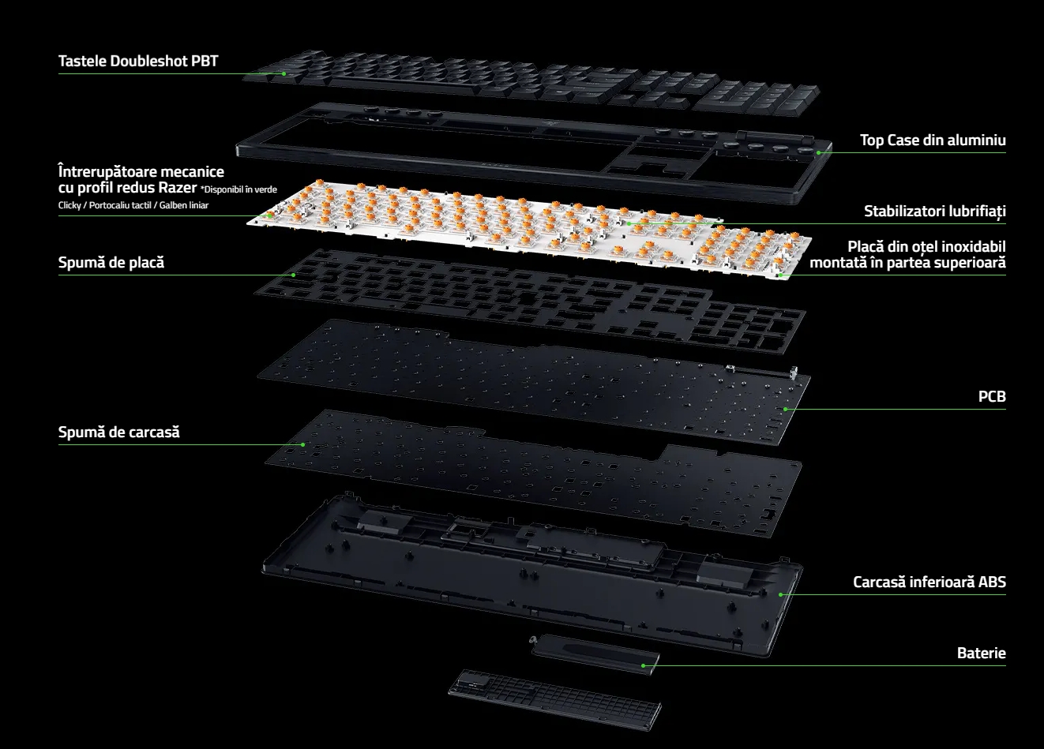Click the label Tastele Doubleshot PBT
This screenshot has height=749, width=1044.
(138, 61)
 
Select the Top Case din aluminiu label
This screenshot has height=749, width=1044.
(933, 140)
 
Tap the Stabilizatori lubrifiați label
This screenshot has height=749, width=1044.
(935, 211)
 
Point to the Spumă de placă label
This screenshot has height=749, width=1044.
(111, 262)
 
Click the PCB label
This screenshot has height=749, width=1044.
(992, 396)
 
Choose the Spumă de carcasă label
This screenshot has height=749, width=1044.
(118, 432)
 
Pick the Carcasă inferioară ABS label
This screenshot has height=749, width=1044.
(929, 582)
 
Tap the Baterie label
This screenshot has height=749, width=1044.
(981, 653)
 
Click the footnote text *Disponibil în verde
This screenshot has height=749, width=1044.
(238, 189)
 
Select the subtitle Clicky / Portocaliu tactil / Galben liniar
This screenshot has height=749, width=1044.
(133, 205)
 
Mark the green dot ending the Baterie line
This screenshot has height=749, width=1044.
(643, 665)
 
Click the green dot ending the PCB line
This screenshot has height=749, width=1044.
(785, 410)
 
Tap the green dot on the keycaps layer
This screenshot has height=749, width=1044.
(284, 73)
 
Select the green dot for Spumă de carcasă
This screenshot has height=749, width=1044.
(303, 445)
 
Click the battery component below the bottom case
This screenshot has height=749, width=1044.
(595, 654)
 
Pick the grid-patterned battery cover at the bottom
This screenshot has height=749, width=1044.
(555, 698)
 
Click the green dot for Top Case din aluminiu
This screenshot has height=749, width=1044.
(818, 152)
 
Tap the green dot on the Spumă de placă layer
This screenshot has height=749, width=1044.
(293, 275)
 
